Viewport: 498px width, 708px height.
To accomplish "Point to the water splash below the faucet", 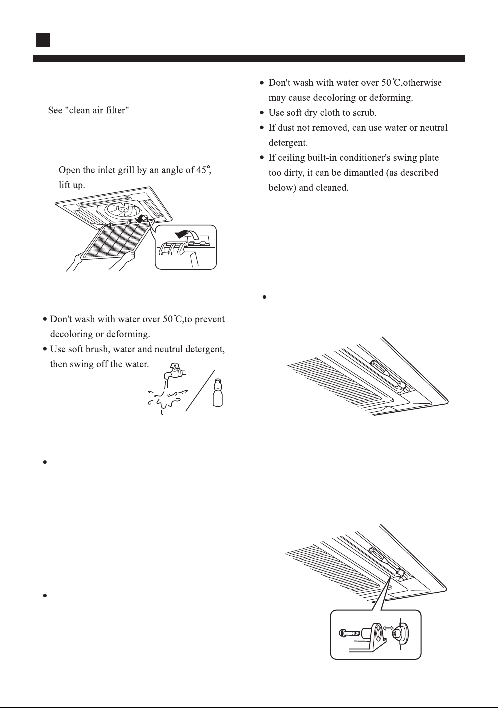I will coord(164,400).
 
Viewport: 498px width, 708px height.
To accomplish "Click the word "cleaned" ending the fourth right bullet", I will coord(331,188).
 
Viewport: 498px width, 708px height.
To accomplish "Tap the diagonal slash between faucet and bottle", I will coord(200,390).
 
